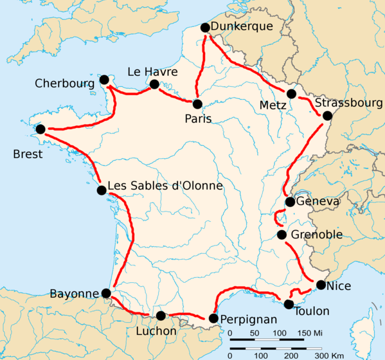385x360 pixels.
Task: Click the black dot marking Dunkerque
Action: pos(205,28)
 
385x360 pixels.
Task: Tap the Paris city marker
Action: pos(197,104)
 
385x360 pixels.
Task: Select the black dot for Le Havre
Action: pos(154,84)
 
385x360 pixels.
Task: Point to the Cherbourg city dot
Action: pos(104,80)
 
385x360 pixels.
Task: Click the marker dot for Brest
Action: pos(41,129)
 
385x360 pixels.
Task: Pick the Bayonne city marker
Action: pos(106,293)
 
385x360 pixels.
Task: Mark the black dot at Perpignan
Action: pos(213,318)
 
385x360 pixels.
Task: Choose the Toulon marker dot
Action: pos(289,304)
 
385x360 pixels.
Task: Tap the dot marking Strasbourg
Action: pos(327,116)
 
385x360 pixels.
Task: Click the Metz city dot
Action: pos(292,94)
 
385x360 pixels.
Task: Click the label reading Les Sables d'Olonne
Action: pos(165,186)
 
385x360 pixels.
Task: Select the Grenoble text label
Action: pos(316,235)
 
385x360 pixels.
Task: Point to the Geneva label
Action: pos(318,202)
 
